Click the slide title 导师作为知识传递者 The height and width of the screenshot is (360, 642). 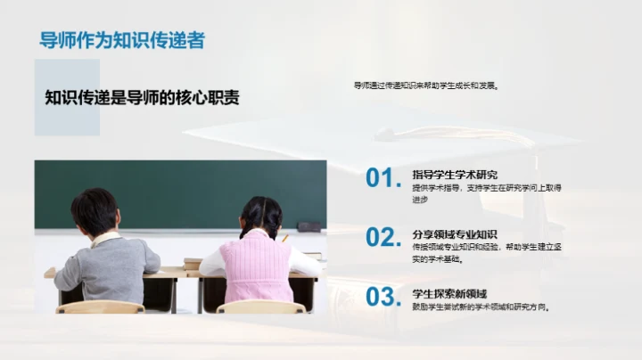(x=122, y=40)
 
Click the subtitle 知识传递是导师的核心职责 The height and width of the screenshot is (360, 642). (x=142, y=97)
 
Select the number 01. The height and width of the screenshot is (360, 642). (x=383, y=178)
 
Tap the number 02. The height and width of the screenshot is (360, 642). (x=383, y=237)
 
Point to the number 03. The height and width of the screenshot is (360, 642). (x=383, y=297)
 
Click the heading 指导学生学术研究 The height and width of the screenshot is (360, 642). (x=455, y=174)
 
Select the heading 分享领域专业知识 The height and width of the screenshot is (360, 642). (x=455, y=233)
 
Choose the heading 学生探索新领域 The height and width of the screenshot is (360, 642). (x=449, y=293)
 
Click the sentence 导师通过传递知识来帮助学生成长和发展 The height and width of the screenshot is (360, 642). (x=425, y=86)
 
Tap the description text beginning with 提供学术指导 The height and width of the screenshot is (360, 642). (x=486, y=193)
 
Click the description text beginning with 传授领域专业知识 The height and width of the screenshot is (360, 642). (x=486, y=252)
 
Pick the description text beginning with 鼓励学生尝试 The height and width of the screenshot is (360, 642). (x=481, y=307)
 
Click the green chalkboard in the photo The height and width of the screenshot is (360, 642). (x=178, y=192)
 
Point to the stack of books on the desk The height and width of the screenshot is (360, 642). (x=192, y=263)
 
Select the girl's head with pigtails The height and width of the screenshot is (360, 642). (x=260, y=217)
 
